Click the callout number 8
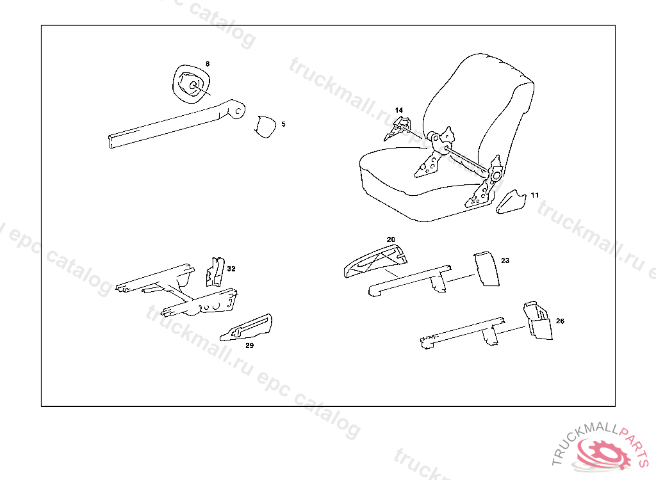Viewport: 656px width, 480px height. [x=207, y=64]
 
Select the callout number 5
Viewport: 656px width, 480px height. [x=283, y=124]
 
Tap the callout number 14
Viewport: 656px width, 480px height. [x=398, y=110]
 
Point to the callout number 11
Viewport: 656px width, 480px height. [x=535, y=194]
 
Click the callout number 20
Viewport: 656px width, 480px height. [x=391, y=239]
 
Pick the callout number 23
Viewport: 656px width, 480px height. [x=505, y=260]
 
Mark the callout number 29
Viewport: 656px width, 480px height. [x=250, y=345]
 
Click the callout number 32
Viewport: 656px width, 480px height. [x=231, y=269]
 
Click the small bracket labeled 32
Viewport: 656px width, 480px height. [x=215, y=271]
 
